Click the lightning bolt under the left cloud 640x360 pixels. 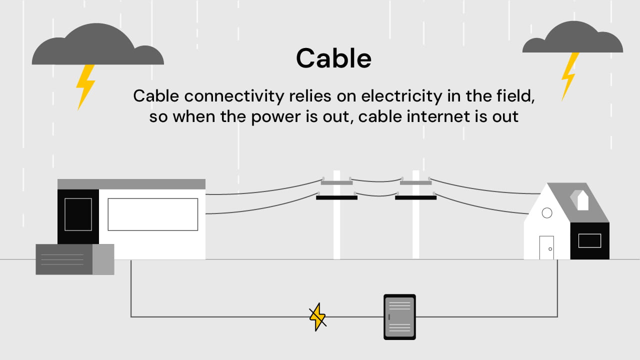[x=85, y=86]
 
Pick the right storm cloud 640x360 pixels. [x=572, y=38]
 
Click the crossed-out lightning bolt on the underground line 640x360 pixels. [x=317, y=316]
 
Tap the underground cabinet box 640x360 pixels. [x=399, y=317]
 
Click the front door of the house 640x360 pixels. [x=546, y=247]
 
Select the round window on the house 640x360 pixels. [x=547, y=213]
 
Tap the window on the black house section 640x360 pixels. [x=589, y=240]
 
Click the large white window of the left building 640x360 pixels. [x=153, y=214]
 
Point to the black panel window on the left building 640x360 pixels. [x=78, y=214]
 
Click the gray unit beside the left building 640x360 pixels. [x=74, y=259]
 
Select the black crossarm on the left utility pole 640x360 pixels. [x=336, y=197]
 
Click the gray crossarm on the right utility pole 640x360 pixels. [x=415, y=182]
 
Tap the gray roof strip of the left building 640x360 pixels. [x=131, y=184]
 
